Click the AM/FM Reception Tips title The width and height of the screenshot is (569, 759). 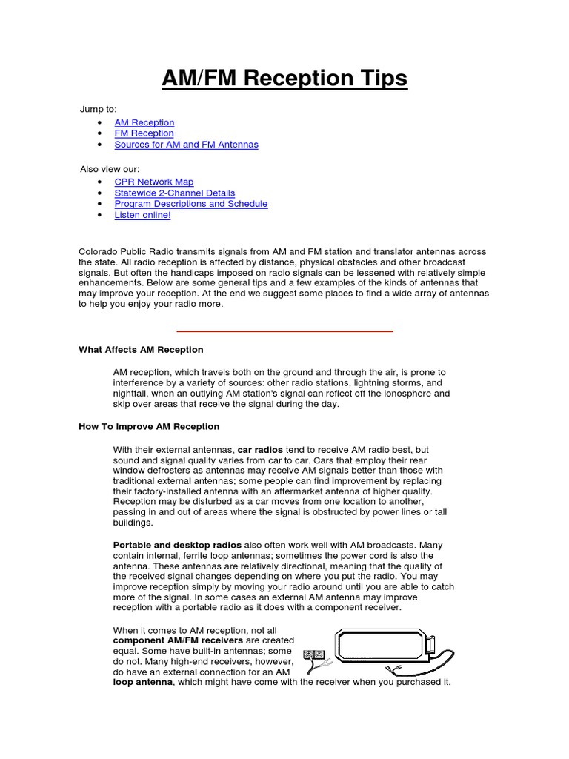pos(284,78)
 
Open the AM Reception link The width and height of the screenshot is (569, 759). pos(144,122)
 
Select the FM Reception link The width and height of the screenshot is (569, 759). pos(144,133)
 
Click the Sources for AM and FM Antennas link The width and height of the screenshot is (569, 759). pos(186,145)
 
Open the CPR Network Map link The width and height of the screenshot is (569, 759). pos(154,182)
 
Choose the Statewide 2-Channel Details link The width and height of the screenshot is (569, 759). pos(174,193)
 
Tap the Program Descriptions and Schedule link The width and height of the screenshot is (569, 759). pos(190,204)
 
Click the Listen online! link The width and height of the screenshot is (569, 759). pos(142,215)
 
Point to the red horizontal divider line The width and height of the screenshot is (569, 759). pos(284,331)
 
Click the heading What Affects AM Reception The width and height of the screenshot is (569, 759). pos(141,350)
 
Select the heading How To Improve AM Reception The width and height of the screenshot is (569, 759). pos(149,427)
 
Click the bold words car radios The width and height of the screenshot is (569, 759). pos(259,450)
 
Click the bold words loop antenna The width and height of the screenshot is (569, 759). pos(142,682)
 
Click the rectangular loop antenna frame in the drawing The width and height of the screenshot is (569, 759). pos(384,645)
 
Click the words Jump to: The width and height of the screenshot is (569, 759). pos(99,110)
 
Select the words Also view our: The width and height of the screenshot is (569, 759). pos(110,169)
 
